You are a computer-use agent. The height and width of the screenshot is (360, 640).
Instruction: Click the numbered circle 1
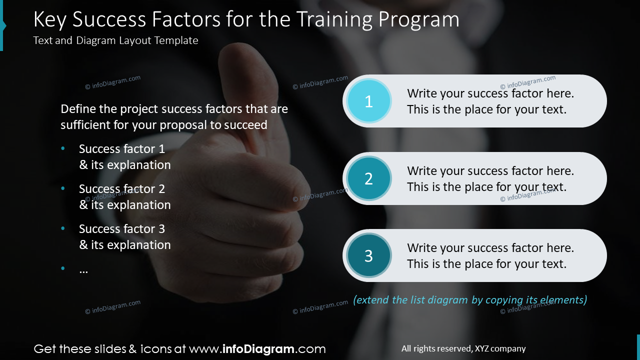coord(368,101)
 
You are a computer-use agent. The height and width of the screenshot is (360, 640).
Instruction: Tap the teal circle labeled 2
coord(368,178)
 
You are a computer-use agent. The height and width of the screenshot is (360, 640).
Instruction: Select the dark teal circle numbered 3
coord(368,255)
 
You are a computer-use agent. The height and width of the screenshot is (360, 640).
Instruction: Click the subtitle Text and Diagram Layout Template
coord(115,40)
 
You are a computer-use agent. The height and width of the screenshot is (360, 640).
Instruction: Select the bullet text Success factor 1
coord(121,149)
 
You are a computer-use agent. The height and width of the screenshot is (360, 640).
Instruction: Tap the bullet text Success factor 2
coord(121,189)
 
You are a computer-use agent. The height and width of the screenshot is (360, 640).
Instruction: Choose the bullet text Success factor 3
coord(121,229)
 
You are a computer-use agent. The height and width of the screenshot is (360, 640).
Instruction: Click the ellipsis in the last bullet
coord(83,269)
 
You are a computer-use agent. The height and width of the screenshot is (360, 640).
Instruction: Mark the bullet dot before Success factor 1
coord(63,149)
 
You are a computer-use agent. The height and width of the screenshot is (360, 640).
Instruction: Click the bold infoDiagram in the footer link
coord(257,349)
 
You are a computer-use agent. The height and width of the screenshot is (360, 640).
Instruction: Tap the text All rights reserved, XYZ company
coord(463,349)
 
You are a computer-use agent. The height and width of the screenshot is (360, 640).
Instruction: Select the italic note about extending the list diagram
coord(470,300)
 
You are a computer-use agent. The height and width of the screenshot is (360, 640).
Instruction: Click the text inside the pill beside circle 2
coord(490,179)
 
